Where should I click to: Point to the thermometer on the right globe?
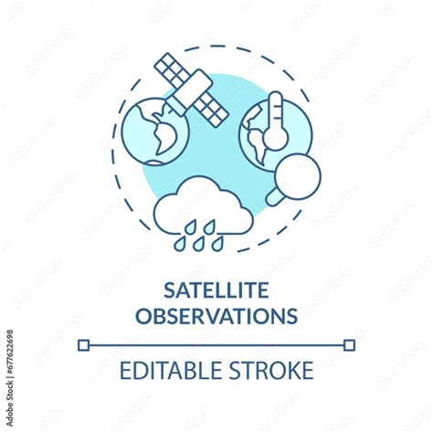pos(276,123)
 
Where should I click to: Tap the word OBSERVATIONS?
pos(216,315)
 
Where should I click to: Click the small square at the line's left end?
pos(84,344)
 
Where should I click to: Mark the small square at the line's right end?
pos(349,344)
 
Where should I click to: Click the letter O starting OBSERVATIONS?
pos(143,315)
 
